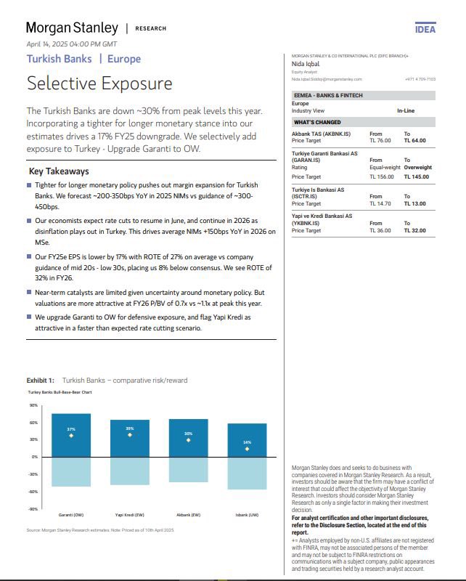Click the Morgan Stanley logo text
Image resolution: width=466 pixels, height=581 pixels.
pos(72,28)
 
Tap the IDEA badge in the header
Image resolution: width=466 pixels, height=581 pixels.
pos(425,30)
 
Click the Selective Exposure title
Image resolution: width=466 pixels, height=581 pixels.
pos(99,83)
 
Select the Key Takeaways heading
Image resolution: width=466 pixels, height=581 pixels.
pos(58,171)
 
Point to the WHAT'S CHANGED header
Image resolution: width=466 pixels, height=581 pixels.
pos(318,122)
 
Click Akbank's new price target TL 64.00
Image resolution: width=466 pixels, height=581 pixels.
pos(415,140)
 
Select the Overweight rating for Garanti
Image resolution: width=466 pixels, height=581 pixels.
pos(420,167)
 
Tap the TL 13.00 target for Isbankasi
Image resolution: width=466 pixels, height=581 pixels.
pos(415,203)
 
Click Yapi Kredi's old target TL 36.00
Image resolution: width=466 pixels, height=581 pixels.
pos(380,230)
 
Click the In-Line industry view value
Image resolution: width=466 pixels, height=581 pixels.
pos(406,110)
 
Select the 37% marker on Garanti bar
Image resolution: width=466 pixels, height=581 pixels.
pos(71,435)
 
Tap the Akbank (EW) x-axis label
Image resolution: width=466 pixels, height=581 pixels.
pos(188,514)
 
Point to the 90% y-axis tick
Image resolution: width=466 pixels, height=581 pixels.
pos(33,405)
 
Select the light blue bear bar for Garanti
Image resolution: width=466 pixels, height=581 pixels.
pos(71,471)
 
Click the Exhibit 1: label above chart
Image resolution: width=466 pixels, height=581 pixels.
pos(41,380)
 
